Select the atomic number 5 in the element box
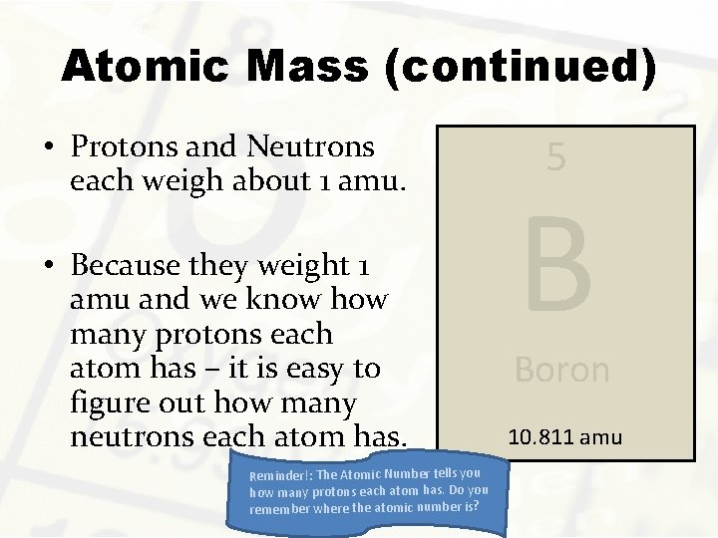(556, 156)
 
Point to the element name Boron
(561, 370)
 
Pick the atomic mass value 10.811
(544, 435)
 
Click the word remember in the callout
(280, 510)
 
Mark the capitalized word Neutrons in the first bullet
(308, 147)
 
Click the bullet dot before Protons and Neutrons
(48, 148)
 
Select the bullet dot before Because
(48, 267)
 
